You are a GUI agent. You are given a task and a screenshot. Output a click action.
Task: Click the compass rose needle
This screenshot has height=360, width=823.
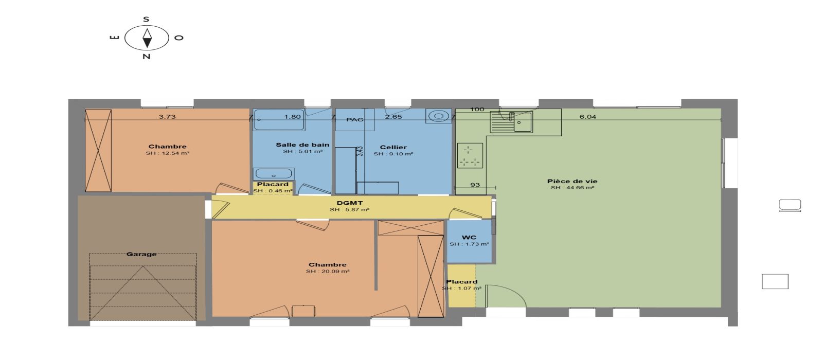click(147, 38)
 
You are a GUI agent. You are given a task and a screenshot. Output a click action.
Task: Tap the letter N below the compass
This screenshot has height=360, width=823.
click(146, 57)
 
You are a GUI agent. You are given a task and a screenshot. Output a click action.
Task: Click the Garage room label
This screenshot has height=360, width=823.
click(141, 254)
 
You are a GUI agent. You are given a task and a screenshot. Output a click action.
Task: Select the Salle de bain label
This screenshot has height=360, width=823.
click(302, 145)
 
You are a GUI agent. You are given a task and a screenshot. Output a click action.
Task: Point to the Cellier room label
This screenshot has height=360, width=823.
click(393, 147)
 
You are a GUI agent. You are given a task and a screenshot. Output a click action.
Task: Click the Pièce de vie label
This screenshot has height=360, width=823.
click(572, 181)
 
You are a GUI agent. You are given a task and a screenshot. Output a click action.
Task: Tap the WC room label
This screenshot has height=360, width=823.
click(469, 237)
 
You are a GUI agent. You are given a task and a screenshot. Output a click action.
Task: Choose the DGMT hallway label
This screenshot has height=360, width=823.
click(349, 203)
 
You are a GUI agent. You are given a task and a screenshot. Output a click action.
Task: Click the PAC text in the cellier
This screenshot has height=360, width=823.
click(354, 119)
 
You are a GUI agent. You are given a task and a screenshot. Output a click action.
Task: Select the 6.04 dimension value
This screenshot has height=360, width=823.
click(587, 117)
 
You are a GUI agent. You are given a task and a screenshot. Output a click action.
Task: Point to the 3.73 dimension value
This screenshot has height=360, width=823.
click(167, 117)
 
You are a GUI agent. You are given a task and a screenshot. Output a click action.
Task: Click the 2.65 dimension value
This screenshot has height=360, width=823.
click(393, 117)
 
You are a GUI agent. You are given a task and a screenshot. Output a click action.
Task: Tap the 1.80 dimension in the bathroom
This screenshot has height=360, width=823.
click(293, 117)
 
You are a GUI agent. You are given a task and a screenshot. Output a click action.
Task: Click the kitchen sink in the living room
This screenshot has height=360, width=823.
click(511, 122)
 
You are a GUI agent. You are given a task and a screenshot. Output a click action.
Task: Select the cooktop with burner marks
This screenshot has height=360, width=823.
click(470, 155)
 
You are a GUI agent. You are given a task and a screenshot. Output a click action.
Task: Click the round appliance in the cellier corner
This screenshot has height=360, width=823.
click(439, 116)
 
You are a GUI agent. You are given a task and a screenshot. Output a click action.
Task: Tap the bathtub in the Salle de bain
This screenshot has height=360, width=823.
click(279, 119)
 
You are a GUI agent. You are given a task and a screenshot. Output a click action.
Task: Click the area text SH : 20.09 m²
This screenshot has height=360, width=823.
click(327, 272)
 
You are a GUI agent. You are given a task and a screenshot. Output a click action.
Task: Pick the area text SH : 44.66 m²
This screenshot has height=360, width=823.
click(572, 188)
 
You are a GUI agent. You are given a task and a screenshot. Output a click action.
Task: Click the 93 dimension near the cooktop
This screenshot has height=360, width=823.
click(475, 185)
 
